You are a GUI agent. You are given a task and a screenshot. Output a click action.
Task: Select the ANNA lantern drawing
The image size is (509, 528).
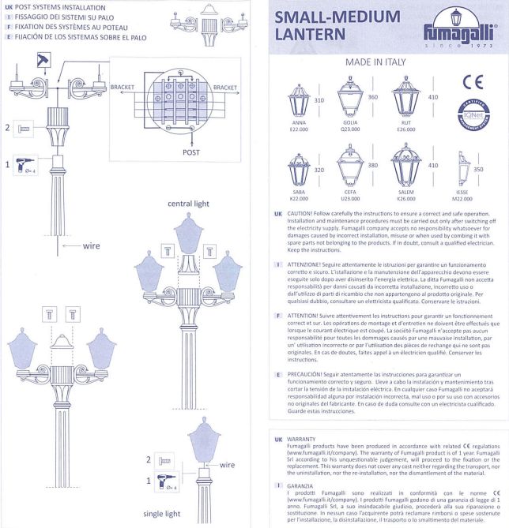(300, 98)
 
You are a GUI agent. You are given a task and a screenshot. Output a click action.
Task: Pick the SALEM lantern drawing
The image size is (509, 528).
(405, 167)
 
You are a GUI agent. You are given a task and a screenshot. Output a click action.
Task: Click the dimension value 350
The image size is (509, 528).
(477, 170)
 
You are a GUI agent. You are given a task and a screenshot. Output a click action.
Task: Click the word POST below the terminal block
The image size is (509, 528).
(191, 151)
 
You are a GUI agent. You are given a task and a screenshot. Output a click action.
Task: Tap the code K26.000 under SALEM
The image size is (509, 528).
(405, 199)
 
